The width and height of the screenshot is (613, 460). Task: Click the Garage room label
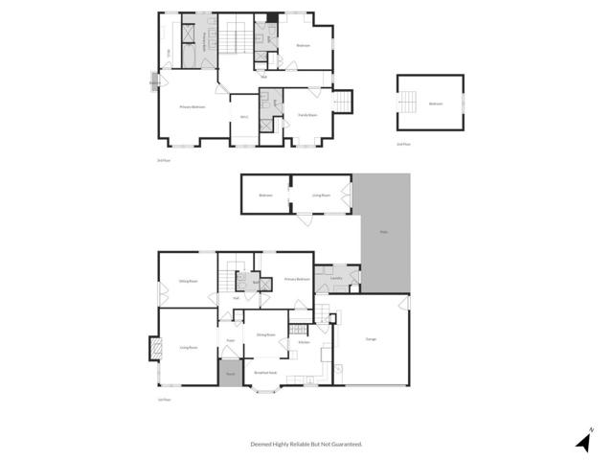pyautogui.click(x=371, y=339)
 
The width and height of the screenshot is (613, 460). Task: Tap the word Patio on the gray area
pyautogui.click(x=384, y=232)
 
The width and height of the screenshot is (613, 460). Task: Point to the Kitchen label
pyautogui.click(x=304, y=342)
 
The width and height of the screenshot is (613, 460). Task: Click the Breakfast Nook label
pyautogui.click(x=265, y=372)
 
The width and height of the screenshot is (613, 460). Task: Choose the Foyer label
pyautogui.click(x=230, y=340)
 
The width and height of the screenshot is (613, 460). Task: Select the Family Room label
pyautogui.click(x=307, y=115)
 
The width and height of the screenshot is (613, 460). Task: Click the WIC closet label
pyautogui.click(x=244, y=118)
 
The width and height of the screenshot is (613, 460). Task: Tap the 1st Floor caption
pyautogui.click(x=164, y=400)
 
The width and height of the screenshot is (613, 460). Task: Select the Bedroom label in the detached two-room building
pyautogui.click(x=265, y=195)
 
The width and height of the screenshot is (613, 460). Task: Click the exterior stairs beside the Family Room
pyautogui.click(x=343, y=101)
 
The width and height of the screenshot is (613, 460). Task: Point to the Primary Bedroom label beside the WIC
pyautogui.click(x=193, y=107)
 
